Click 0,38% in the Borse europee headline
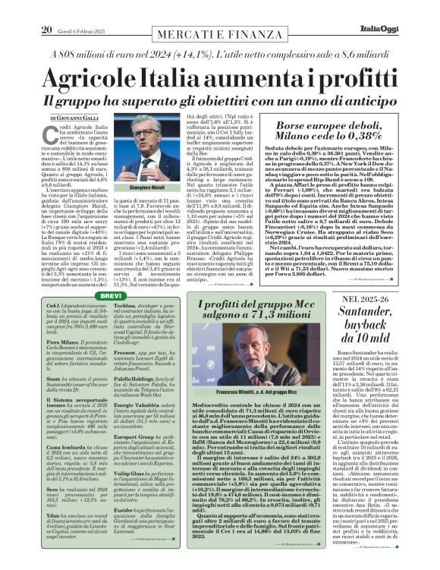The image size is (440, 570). [358, 136]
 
